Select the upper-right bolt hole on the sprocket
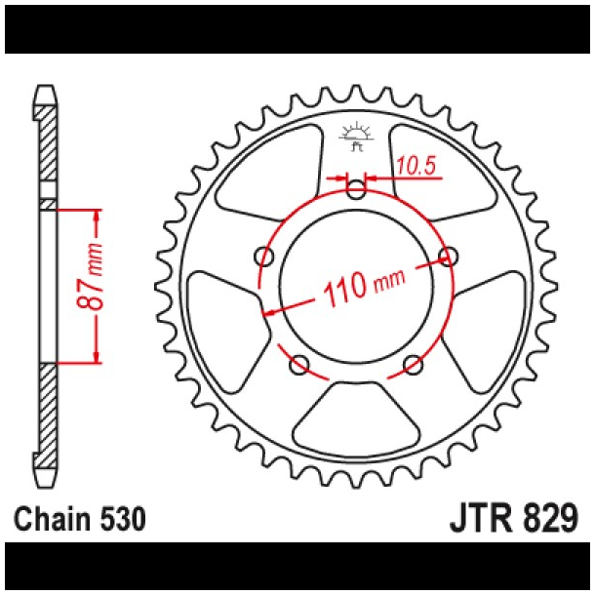tap(449, 257)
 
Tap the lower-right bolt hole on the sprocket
tap(414, 366)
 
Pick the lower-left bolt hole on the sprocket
tap(298, 366)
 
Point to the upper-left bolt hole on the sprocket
tap(262, 257)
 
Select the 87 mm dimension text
tap(96, 286)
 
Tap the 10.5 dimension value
tap(416, 167)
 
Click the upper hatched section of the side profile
tap(47, 146)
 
